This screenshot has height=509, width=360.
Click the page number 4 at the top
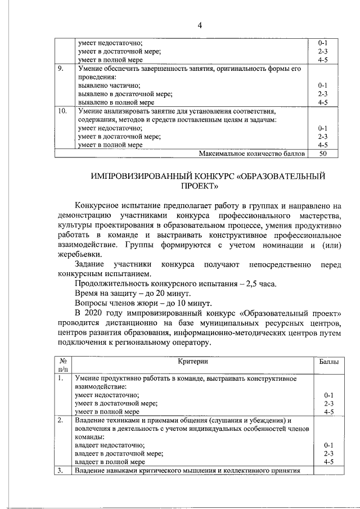[x=199, y=25]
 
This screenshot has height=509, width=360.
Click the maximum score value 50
[x=323, y=153]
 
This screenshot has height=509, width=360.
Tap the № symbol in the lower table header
[x=63, y=361]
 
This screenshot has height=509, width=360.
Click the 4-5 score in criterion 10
[x=323, y=145]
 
